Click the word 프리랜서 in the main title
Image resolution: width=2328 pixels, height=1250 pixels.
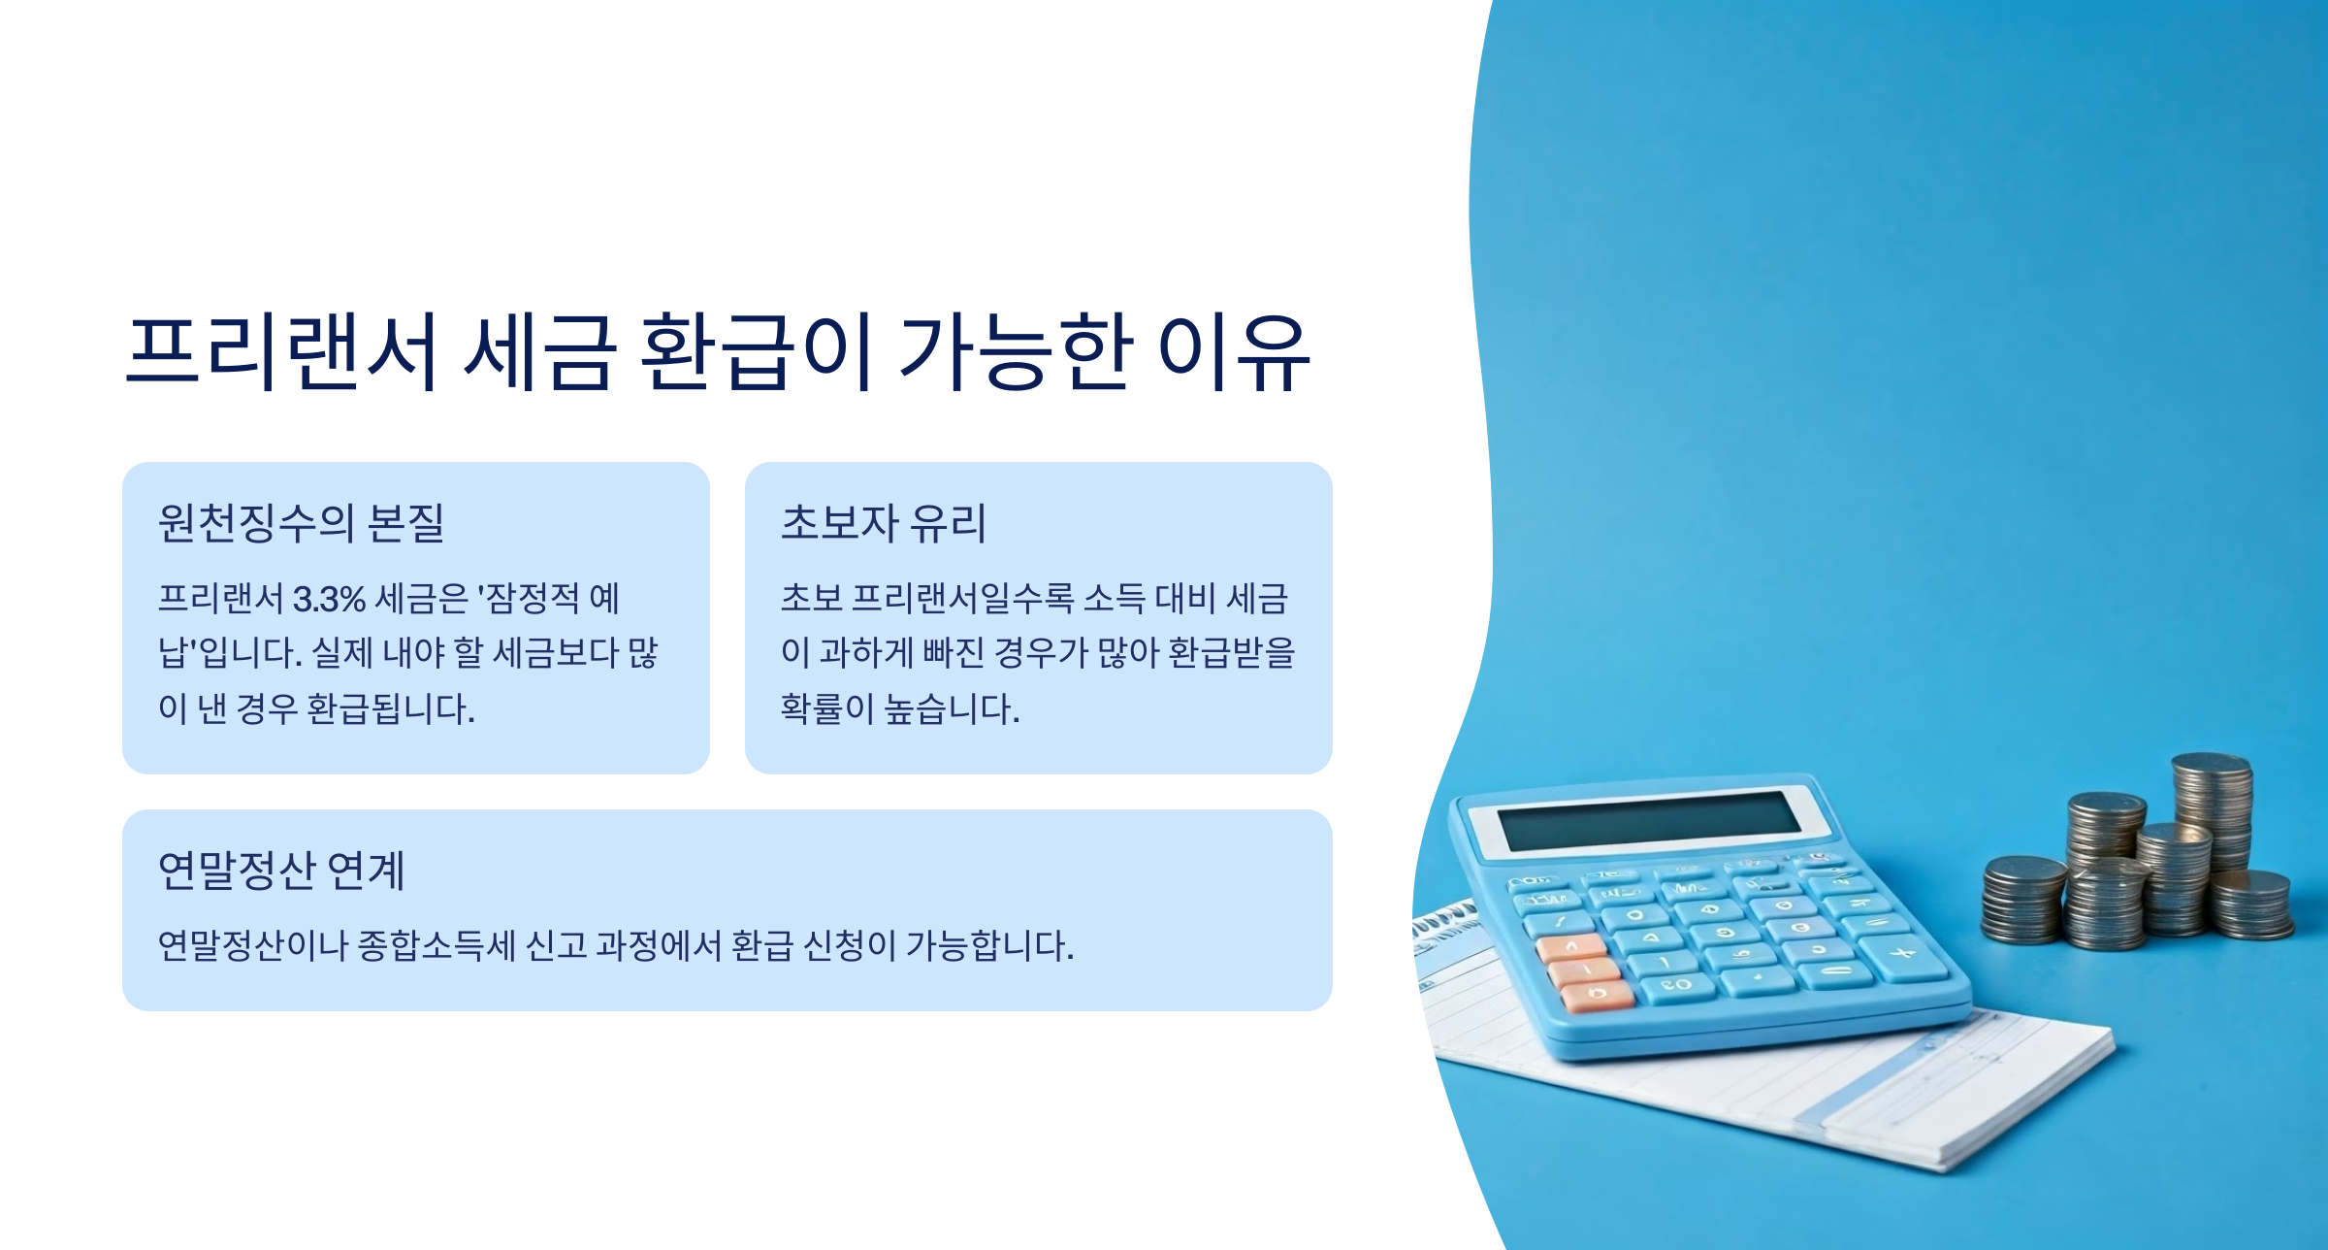[x=281, y=351]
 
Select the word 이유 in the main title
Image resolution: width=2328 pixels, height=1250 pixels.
[x=1234, y=351]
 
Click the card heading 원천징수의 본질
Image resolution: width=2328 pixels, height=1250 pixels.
[x=301, y=523]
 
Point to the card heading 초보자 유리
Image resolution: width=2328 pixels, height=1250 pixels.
[x=883, y=523]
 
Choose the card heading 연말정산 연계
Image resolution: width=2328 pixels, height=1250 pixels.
[x=281, y=871]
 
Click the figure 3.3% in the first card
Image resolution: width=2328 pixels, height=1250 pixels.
[x=329, y=599]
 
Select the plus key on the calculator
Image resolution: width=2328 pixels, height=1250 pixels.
[x=1903, y=953]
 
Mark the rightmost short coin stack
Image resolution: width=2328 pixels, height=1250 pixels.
[x=2252, y=905]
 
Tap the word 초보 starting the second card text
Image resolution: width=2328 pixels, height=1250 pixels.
[x=811, y=599]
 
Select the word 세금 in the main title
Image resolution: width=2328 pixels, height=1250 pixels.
[x=539, y=351]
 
